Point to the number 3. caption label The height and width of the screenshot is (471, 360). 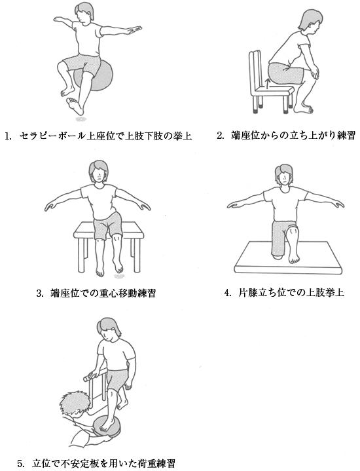click(x=41, y=293)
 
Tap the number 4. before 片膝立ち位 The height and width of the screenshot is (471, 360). click(x=228, y=293)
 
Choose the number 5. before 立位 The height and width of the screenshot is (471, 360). click(x=21, y=463)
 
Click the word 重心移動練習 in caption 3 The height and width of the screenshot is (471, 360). click(x=127, y=293)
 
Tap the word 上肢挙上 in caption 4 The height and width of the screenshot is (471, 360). click(x=325, y=293)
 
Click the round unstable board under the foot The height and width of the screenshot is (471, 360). click(x=106, y=427)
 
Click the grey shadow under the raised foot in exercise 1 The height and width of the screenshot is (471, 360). click(x=81, y=119)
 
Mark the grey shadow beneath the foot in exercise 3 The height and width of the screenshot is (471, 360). click(x=120, y=276)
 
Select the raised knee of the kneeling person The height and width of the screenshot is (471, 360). click(x=291, y=231)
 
